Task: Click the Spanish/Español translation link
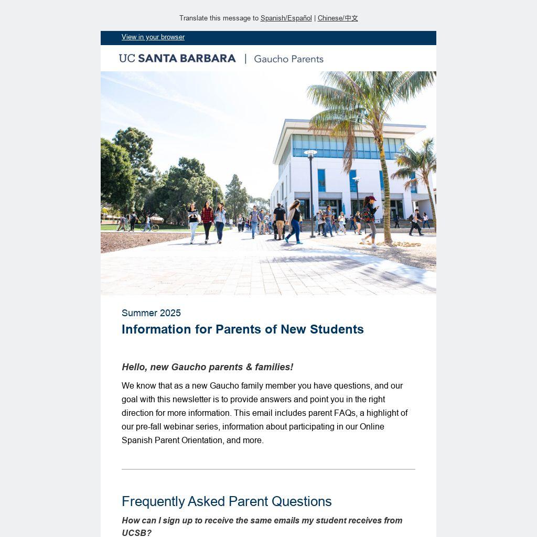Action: pyautogui.click(x=286, y=18)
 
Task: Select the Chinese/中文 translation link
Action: pyautogui.click(x=338, y=18)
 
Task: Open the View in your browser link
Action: pyautogui.click(x=153, y=37)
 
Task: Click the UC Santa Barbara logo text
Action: pyautogui.click(x=177, y=59)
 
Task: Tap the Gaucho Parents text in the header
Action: pyautogui.click(x=288, y=59)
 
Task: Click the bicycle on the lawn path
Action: pyautogui.click(x=149, y=227)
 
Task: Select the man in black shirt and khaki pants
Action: pyautogui.click(x=280, y=220)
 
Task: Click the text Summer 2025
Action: pyautogui.click(x=151, y=313)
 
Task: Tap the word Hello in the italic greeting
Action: pyautogui.click(x=134, y=367)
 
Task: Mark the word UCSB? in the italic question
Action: pyautogui.click(x=136, y=533)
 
